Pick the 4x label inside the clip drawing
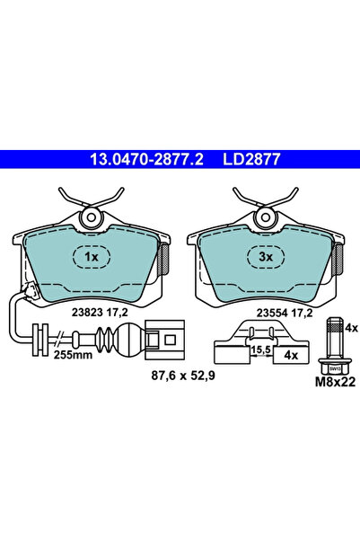click(x=291, y=356)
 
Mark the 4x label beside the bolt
click(x=351, y=327)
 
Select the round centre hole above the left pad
click(x=91, y=217)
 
